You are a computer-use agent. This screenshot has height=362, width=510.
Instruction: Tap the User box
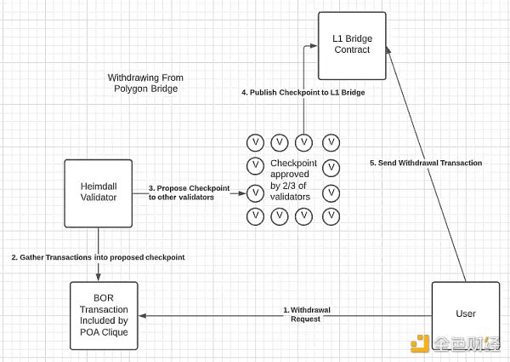(465, 313)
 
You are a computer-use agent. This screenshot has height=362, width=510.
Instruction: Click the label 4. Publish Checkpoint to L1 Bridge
(303, 92)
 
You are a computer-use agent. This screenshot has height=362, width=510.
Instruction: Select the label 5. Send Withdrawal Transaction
(426, 163)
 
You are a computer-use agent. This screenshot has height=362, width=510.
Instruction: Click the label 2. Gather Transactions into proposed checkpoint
(97, 256)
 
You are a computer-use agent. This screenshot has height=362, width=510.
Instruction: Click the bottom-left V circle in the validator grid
(253, 216)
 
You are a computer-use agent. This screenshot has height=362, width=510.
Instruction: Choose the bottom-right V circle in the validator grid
(332, 216)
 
